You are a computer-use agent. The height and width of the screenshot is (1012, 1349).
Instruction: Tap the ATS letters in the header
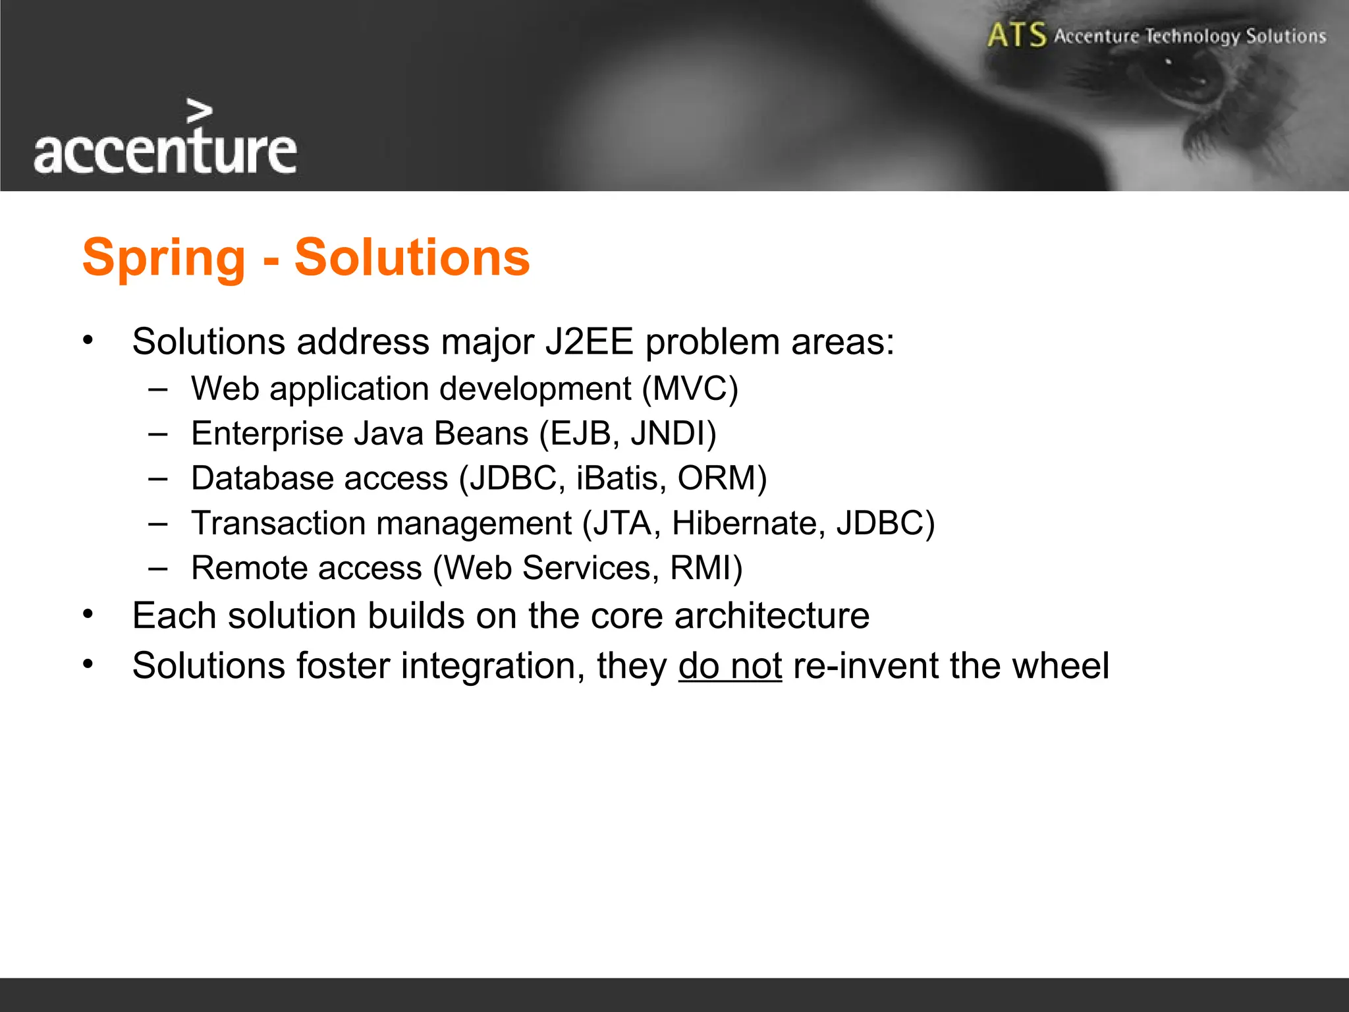(1016, 35)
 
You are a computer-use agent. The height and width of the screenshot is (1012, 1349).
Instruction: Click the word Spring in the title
(164, 258)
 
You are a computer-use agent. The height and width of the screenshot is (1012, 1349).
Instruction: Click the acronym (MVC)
(690, 389)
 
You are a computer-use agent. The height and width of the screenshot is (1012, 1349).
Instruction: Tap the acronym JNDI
(672, 434)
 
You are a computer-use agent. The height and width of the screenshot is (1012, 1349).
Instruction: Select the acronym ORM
(721, 478)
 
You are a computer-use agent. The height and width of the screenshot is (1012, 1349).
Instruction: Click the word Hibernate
(748, 523)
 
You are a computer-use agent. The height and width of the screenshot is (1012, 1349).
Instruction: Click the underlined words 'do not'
(730, 665)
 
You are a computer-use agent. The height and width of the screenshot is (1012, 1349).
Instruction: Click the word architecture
(771, 615)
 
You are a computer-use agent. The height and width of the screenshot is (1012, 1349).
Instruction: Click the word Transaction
(278, 523)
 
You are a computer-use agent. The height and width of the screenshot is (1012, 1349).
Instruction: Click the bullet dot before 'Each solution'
(88, 615)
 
